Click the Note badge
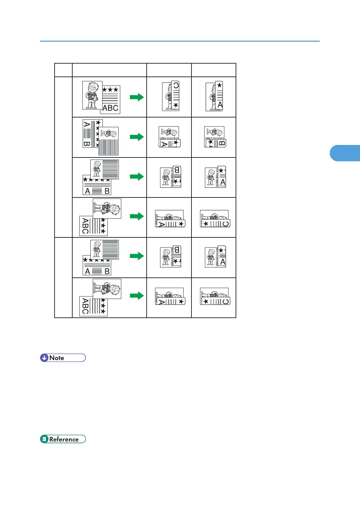pyautogui.click(x=63, y=358)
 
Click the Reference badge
pyautogui.click(x=63, y=439)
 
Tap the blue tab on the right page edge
pyautogui.click(x=345, y=153)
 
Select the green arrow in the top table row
pyautogui.click(x=137, y=97)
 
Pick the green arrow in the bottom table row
pyautogui.click(x=137, y=296)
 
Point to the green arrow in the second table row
pyautogui.click(x=137, y=137)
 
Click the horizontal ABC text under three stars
pyautogui.click(x=111, y=108)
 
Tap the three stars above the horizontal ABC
pyautogui.click(x=110, y=90)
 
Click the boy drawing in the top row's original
pyautogui.click(x=92, y=95)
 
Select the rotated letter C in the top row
pyautogui.click(x=176, y=86)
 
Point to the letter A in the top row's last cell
pyautogui.click(x=220, y=105)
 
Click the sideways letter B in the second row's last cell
pyautogui.click(x=222, y=143)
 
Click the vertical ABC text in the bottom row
pyautogui.click(x=85, y=306)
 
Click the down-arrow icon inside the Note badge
pyautogui.click(x=44, y=358)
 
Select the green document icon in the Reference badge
pyautogui.click(x=44, y=439)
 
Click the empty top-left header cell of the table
pyautogui.click(x=63, y=70)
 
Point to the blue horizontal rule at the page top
pyautogui.click(x=180, y=41)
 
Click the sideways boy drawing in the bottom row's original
pyautogui.click(x=107, y=289)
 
